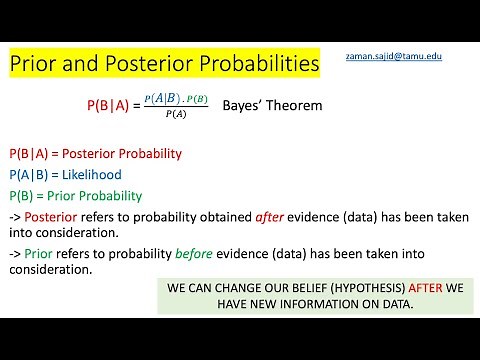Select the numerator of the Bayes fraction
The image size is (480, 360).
pos(176,97)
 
